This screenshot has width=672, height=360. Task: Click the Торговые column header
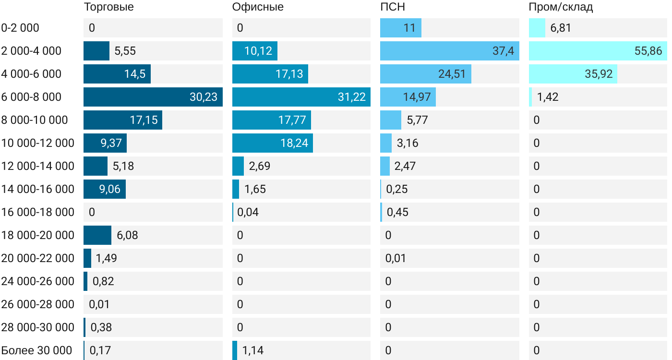(108, 7)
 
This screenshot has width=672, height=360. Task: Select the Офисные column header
(258, 7)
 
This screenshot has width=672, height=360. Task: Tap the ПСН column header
(393, 7)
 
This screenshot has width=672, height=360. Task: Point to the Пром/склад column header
(561, 7)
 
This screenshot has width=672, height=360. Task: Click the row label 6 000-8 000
(31, 97)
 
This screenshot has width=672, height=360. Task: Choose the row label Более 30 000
(36, 350)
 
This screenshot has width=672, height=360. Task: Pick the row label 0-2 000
(20, 28)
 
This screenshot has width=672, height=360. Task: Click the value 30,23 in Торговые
(204, 97)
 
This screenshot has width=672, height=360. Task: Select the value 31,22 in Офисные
(352, 97)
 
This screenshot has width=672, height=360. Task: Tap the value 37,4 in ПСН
(503, 51)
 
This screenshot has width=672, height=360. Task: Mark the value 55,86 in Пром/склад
(648, 51)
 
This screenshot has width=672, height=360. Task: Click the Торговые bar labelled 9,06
(105, 189)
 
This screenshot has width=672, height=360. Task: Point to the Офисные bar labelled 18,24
(273, 143)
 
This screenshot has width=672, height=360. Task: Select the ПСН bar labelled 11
(401, 28)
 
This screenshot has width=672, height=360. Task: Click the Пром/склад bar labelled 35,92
(573, 74)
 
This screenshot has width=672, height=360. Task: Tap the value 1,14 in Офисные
(253, 350)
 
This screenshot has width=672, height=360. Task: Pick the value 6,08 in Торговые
(127, 235)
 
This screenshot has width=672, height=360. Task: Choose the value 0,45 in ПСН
(397, 212)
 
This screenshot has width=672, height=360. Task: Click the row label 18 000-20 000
(37, 235)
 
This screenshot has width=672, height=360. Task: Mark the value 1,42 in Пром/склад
(548, 97)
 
